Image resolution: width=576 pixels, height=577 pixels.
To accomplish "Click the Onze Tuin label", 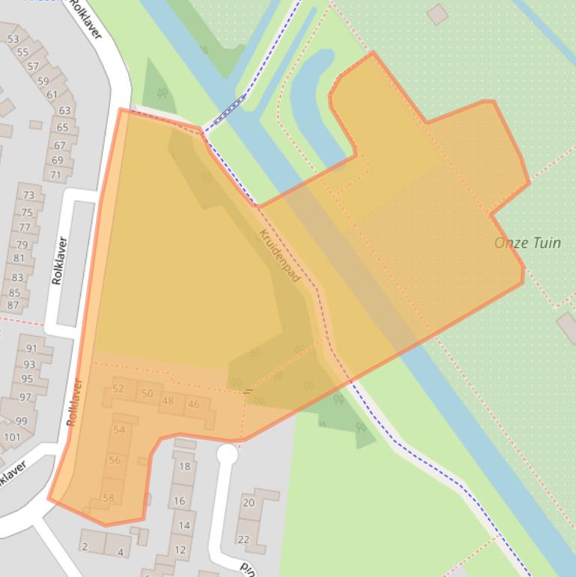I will [x=527, y=243].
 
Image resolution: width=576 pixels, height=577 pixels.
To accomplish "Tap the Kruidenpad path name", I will [x=279, y=256].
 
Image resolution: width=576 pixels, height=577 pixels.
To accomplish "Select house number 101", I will [x=12, y=437].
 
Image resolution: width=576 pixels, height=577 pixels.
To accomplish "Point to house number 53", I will [x=13, y=39].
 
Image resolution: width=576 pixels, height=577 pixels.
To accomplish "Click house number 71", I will [x=55, y=175].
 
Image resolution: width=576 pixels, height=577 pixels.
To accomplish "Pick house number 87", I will [x=13, y=305].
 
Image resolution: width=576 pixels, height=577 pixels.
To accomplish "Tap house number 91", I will [x=31, y=348].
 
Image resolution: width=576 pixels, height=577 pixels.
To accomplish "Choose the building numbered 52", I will [x=118, y=388].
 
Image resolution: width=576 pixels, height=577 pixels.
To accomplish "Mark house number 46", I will [x=194, y=405].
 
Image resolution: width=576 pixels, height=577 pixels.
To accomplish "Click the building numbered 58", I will [x=109, y=498].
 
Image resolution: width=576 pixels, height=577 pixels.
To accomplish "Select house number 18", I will [x=184, y=466].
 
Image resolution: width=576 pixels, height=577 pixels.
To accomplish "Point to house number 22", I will [x=243, y=540].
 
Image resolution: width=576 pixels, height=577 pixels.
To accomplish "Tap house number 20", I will [x=249, y=503].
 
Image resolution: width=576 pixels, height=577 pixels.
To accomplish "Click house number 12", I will [x=180, y=549].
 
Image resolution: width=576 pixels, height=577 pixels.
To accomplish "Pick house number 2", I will [x=85, y=546].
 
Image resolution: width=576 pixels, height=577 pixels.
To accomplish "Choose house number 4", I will [x=120, y=552].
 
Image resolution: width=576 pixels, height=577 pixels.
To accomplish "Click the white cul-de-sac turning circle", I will [x=227, y=453].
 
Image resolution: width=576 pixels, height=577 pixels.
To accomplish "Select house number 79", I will [x=22, y=244].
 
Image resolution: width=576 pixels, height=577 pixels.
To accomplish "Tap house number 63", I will [x=64, y=111].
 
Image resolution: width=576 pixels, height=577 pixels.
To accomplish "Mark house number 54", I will [x=119, y=429].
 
